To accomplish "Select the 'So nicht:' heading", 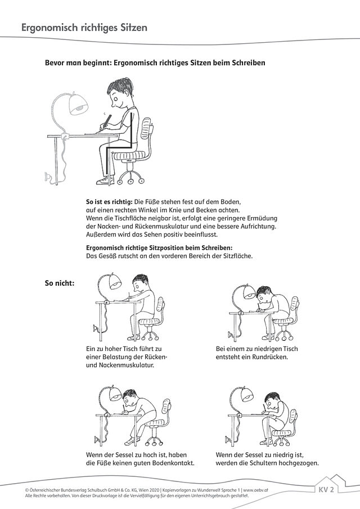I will pos(59,283).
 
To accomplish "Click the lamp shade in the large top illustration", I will pos(77,103).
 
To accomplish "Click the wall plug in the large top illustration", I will pos(49,179).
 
